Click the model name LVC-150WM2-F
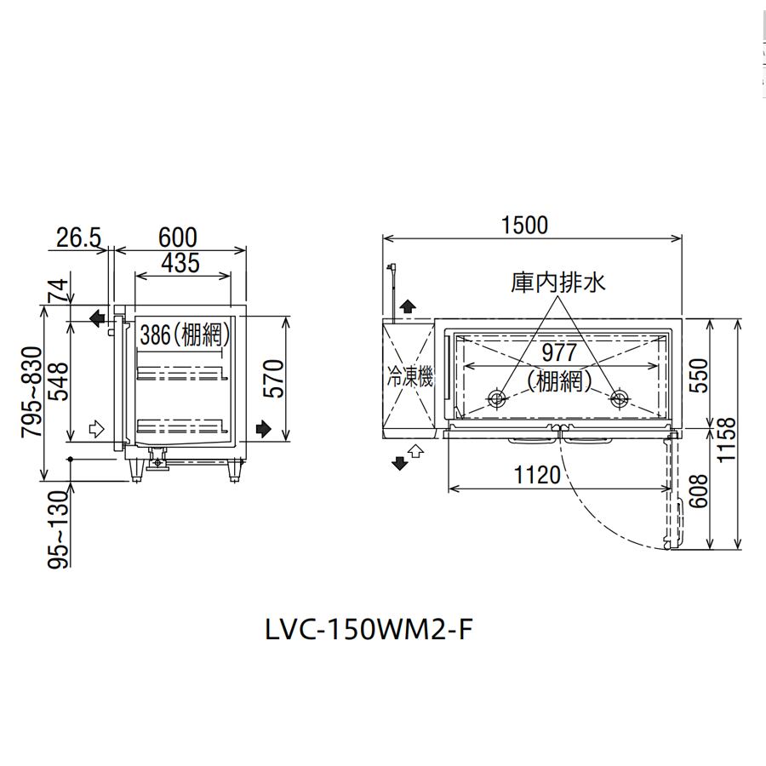tap(369, 629)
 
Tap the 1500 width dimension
tap(524, 225)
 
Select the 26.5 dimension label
tap(78, 238)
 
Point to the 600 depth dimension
tap(178, 238)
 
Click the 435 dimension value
tap(180, 263)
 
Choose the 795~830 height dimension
tap(32, 392)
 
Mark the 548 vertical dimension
tap(59, 381)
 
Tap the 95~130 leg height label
tap(59, 529)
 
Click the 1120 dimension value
tap(537, 474)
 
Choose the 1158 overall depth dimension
tap(728, 438)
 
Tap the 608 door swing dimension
tap(699, 491)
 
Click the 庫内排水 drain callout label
tap(557, 283)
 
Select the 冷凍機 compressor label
tap(410, 377)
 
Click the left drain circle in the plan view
tap(497, 397)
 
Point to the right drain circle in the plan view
tap(619, 397)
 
